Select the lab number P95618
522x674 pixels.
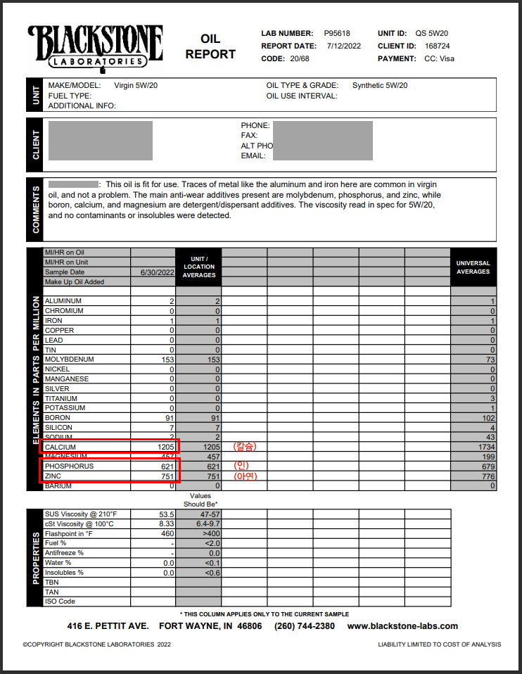(x=337, y=33)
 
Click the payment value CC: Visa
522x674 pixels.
(x=439, y=58)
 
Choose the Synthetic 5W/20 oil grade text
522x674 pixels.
(x=380, y=85)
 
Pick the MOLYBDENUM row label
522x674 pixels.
(x=70, y=360)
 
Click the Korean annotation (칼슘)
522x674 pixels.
(x=246, y=447)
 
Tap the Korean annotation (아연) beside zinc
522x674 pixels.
(x=246, y=476)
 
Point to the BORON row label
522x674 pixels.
(x=58, y=418)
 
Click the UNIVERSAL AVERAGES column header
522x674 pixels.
(x=473, y=267)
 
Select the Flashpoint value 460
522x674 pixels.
(x=167, y=533)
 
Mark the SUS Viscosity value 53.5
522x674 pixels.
(x=166, y=514)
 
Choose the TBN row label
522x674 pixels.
(x=52, y=582)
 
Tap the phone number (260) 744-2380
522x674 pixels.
(x=304, y=626)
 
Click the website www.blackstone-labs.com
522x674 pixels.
(x=402, y=626)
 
